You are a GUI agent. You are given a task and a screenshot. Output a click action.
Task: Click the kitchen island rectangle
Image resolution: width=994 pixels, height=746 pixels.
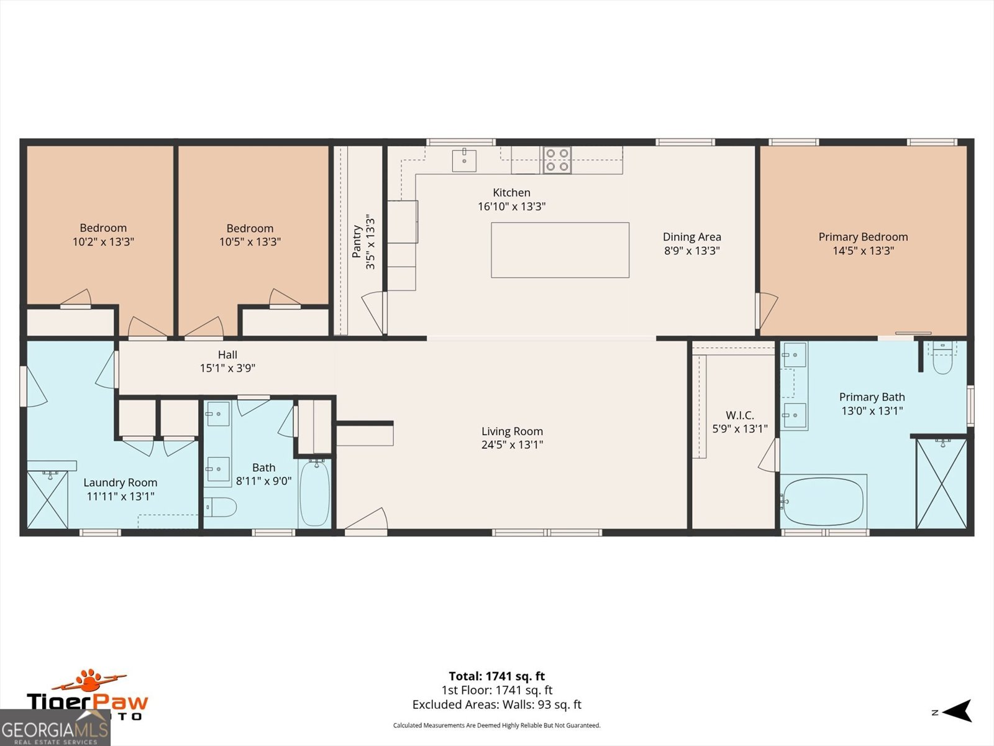(x=560, y=250)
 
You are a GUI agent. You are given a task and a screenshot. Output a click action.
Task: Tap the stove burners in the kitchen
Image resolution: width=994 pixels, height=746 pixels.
(x=557, y=160)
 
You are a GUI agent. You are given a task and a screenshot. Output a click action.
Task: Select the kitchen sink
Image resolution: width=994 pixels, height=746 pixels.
(x=464, y=160)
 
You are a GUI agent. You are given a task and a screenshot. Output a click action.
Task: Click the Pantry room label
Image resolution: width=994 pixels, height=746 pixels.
(x=357, y=241)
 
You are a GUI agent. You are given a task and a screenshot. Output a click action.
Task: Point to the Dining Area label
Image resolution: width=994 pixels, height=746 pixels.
(x=691, y=237)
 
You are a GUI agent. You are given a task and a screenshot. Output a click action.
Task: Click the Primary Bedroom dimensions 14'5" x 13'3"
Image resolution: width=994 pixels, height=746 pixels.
(x=863, y=251)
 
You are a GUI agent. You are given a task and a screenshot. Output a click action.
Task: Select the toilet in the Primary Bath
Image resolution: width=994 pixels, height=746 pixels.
(x=942, y=359)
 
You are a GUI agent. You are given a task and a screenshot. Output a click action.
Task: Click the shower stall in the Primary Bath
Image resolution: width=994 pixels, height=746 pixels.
(x=941, y=484)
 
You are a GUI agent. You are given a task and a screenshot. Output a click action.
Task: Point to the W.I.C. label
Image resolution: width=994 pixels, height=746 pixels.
(x=739, y=415)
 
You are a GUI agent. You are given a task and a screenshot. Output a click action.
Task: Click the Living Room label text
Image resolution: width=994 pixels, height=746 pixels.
(x=512, y=431)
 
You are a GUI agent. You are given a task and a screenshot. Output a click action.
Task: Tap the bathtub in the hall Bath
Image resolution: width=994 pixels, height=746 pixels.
(x=315, y=493)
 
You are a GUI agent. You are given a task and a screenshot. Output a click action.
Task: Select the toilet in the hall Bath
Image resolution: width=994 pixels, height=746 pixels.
(x=221, y=507)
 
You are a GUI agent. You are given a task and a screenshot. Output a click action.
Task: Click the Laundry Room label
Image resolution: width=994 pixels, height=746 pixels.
(x=120, y=482)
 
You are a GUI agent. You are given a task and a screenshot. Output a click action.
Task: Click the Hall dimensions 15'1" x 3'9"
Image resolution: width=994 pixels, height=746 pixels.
(x=227, y=368)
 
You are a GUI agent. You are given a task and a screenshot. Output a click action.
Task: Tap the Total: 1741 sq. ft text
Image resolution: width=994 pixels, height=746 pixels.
(x=496, y=676)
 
